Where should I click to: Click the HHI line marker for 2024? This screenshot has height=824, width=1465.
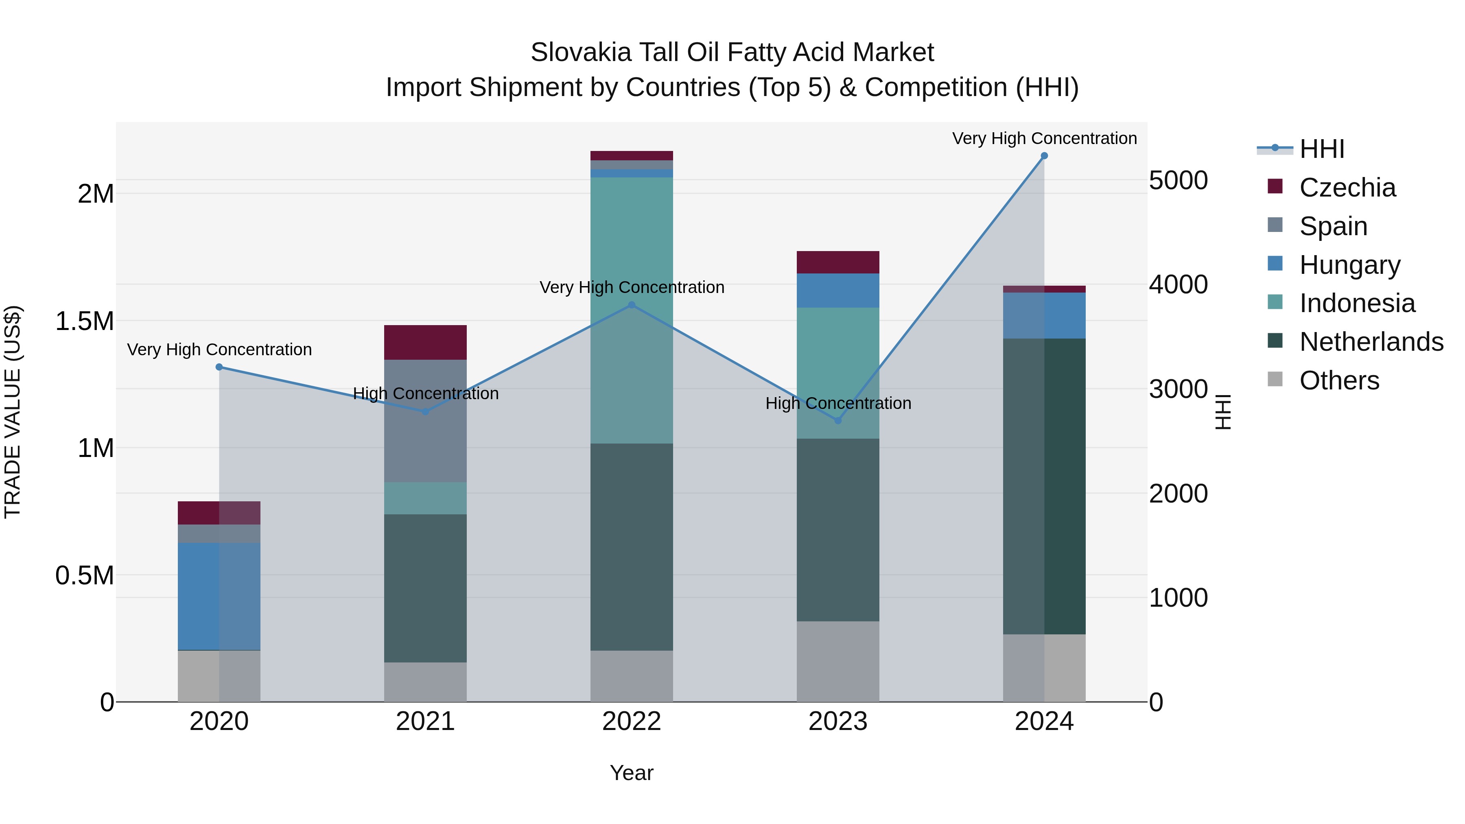(1044, 156)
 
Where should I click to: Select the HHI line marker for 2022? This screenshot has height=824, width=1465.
(631, 305)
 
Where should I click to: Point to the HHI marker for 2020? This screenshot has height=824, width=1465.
(219, 367)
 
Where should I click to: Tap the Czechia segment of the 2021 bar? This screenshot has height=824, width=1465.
(425, 342)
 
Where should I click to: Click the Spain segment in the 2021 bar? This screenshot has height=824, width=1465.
(425, 421)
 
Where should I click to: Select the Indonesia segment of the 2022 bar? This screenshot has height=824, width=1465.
(631, 310)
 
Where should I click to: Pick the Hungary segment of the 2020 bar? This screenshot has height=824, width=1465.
(219, 596)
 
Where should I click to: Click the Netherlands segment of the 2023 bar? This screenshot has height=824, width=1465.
(838, 529)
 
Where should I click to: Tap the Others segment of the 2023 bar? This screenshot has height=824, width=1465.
(838, 661)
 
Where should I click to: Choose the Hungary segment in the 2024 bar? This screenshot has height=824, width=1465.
(1044, 316)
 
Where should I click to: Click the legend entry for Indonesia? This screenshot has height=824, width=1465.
(1356, 303)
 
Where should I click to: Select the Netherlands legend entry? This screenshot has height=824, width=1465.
(1371, 342)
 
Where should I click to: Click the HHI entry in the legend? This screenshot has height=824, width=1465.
(1321, 149)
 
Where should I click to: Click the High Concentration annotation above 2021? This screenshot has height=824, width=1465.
(425, 393)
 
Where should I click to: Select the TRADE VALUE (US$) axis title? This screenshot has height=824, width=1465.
(13, 412)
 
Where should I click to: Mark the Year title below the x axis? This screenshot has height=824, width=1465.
(631, 773)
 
